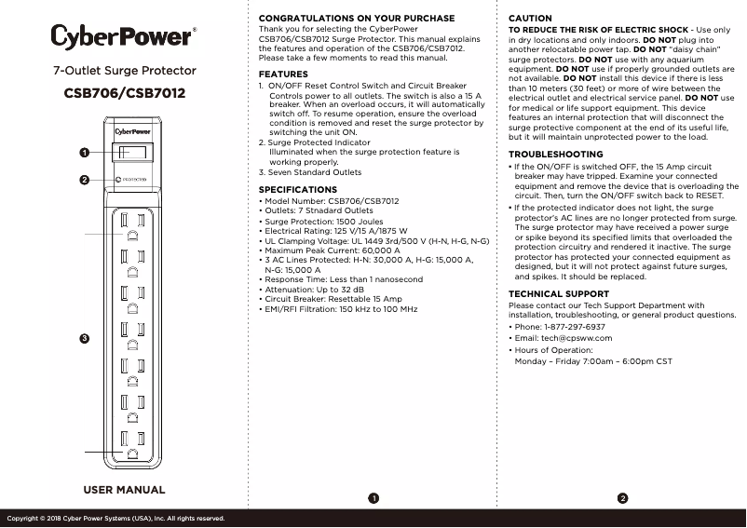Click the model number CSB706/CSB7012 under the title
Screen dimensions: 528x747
coord(124,93)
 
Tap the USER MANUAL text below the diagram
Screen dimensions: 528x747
coord(124,490)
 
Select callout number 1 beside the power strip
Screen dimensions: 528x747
coord(84,152)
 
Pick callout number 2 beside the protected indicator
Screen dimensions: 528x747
coord(84,180)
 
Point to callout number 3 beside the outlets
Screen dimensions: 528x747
coord(84,337)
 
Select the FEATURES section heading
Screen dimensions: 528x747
coord(283,74)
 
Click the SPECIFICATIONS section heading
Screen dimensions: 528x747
coord(298,190)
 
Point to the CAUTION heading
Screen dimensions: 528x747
coord(530,19)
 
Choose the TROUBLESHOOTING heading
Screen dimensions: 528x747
coord(555,155)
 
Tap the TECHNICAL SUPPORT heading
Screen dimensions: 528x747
coord(559,294)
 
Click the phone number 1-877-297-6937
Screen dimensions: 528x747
coord(572,327)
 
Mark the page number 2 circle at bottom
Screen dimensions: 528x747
coord(623,499)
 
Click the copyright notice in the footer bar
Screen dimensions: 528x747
coord(115,518)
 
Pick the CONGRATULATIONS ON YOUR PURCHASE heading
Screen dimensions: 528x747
coord(357,19)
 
